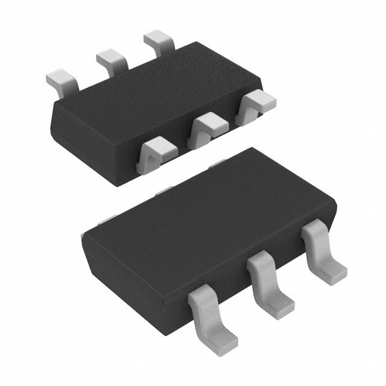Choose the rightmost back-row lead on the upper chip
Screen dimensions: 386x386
(x=158, y=42)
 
